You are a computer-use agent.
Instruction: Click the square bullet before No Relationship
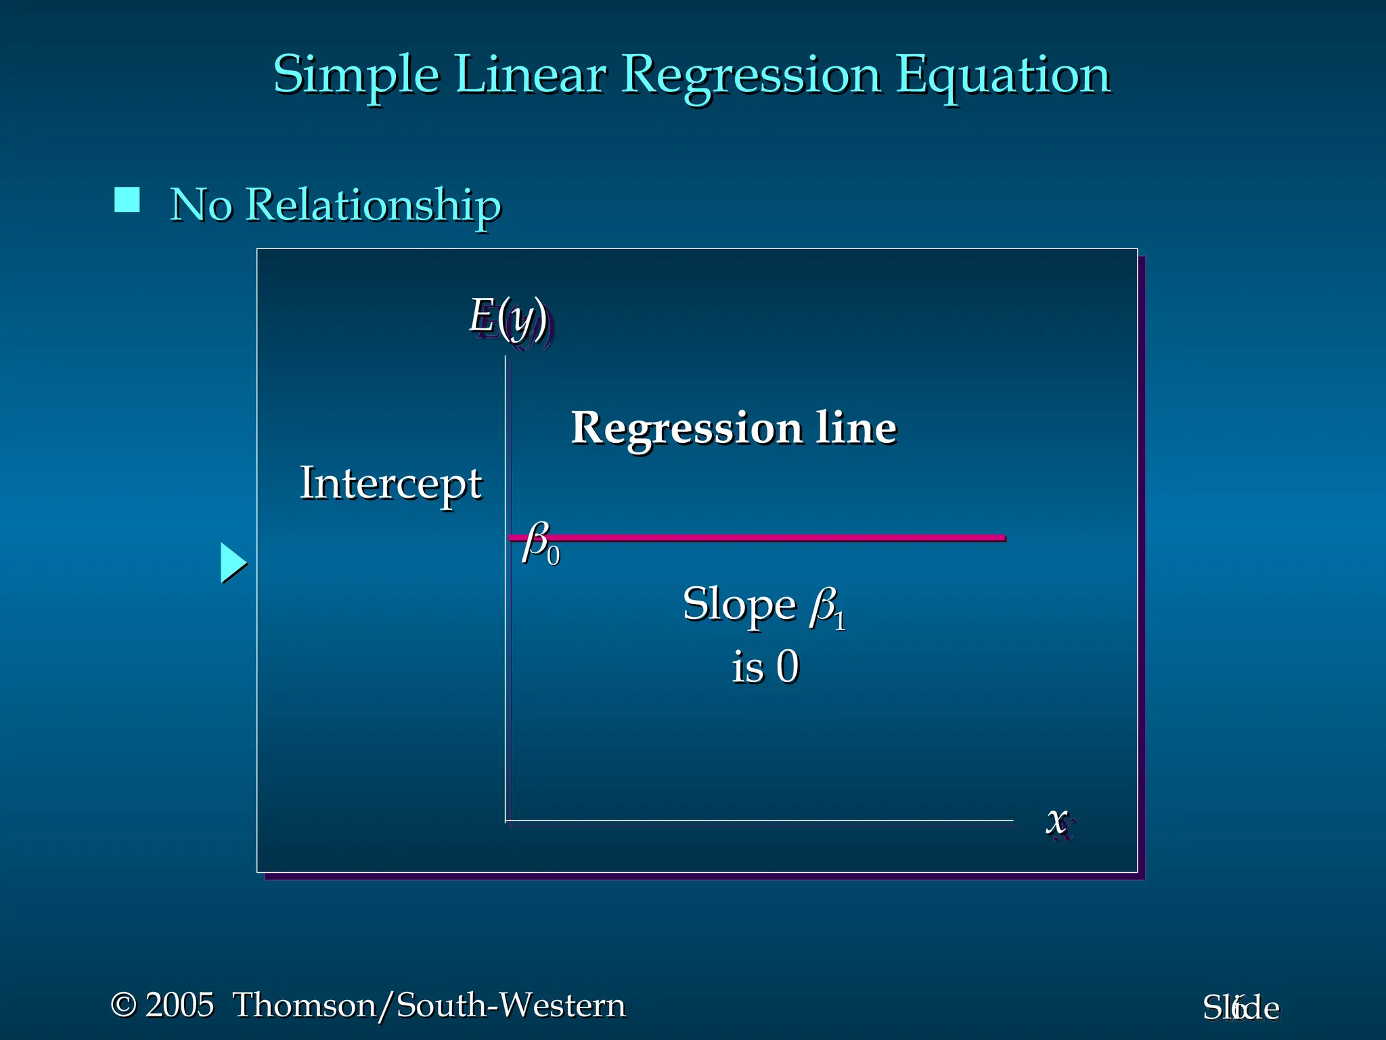tap(127, 200)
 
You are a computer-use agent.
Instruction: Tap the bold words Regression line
tap(734, 428)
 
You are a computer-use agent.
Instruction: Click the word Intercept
tap(390, 483)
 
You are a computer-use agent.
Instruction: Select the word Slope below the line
tap(739, 604)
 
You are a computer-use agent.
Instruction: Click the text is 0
tap(765, 667)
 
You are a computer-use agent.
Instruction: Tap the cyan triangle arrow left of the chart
tap(233, 563)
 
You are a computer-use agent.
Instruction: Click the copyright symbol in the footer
tap(124, 1005)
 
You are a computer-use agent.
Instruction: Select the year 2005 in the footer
tap(180, 1005)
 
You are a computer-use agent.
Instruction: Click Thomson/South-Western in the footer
tap(429, 1005)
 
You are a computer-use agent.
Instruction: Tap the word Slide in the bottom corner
tap(1241, 1008)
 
